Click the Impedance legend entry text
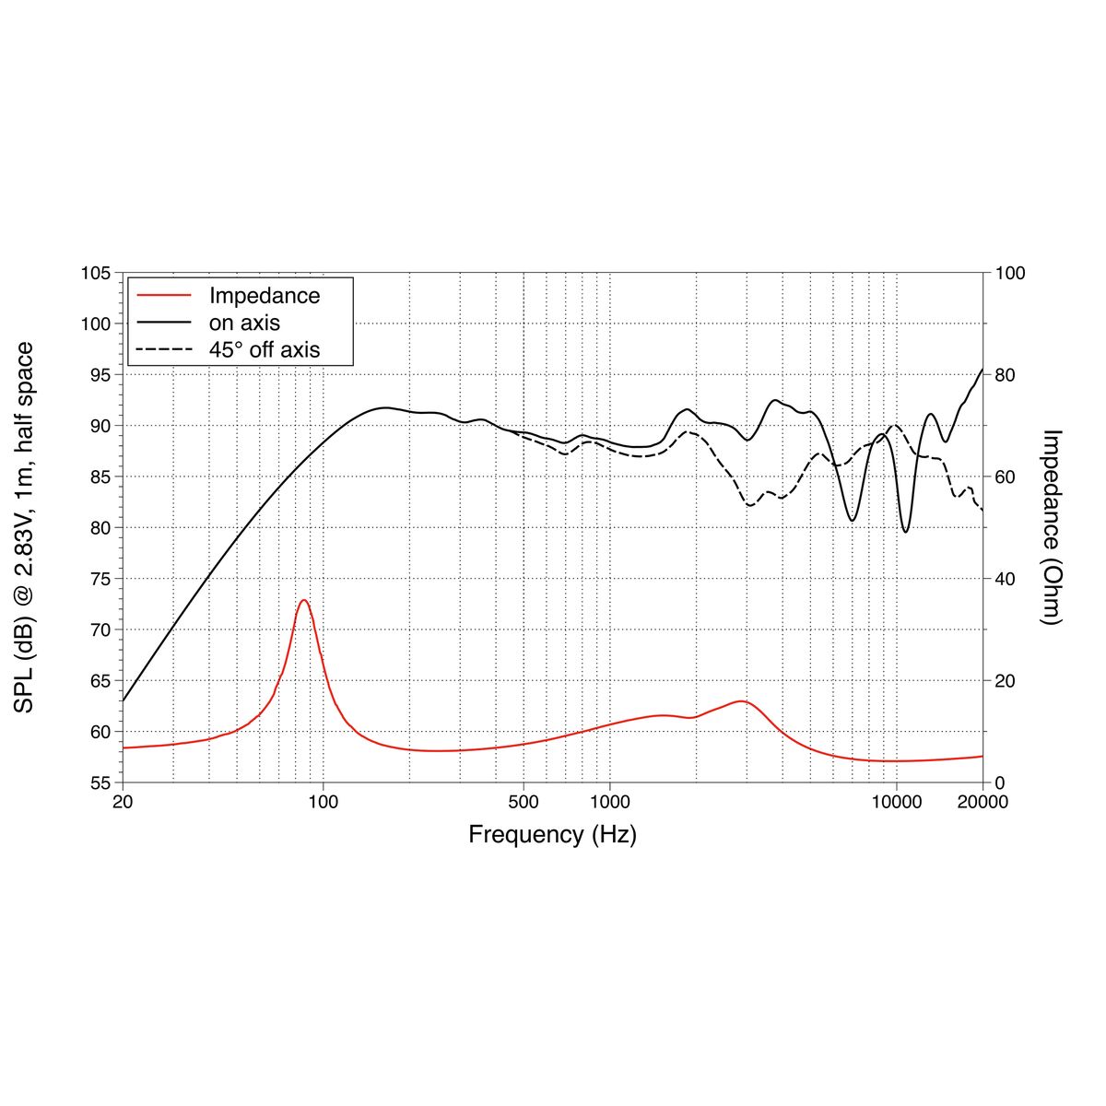(x=265, y=296)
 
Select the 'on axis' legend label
(x=244, y=323)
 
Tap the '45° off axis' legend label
(x=265, y=349)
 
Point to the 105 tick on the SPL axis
(x=97, y=274)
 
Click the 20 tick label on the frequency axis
(x=123, y=802)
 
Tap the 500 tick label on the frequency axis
(x=524, y=802)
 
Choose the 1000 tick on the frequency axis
(x=609, y=802)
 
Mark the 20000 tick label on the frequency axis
(x=982, y=802)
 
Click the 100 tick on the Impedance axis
(x=1010, y=274)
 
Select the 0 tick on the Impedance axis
(x=1000, y=782)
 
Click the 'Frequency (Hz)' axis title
(x=552, y=835)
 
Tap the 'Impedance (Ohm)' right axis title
(x=1052, y=527)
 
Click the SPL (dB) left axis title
(x=25, y=527)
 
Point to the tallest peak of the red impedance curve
(x=303, y=600)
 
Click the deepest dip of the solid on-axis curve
(x=906, y=532)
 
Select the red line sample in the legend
(x=164, y=296)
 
